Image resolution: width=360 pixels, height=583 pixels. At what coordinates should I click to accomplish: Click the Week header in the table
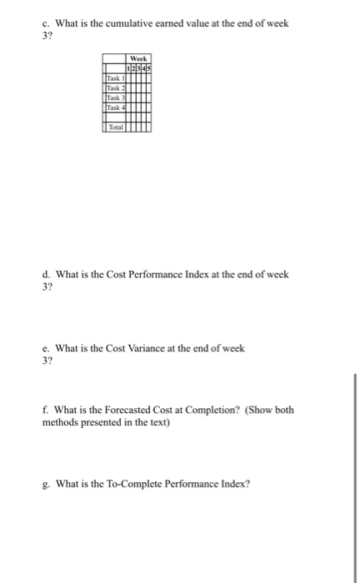(x=137, y=60)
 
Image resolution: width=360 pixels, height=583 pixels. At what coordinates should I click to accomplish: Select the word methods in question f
(x=61, y=422)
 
